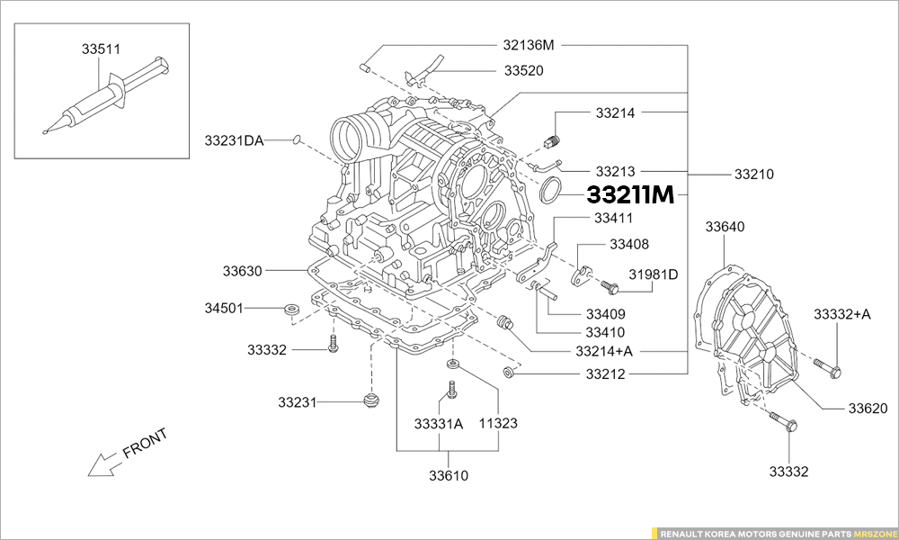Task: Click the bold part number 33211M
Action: pos(629,194)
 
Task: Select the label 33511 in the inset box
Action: pos(102,49)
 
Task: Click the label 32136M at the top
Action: pos(529,44)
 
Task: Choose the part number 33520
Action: pos(523,70)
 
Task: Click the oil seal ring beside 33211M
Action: pos(550,191)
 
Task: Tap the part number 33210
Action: pos(754,174)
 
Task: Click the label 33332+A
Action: pos(842,314)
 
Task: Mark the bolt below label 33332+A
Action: pos(828,367)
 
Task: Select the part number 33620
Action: pos(868,408)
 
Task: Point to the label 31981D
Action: pos(653,274)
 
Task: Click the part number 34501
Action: pos(224,308)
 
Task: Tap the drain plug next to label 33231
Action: pos(369,399)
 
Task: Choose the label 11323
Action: pos(497,422)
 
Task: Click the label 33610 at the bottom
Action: pos(448,475)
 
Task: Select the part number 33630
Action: pos(242,269)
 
